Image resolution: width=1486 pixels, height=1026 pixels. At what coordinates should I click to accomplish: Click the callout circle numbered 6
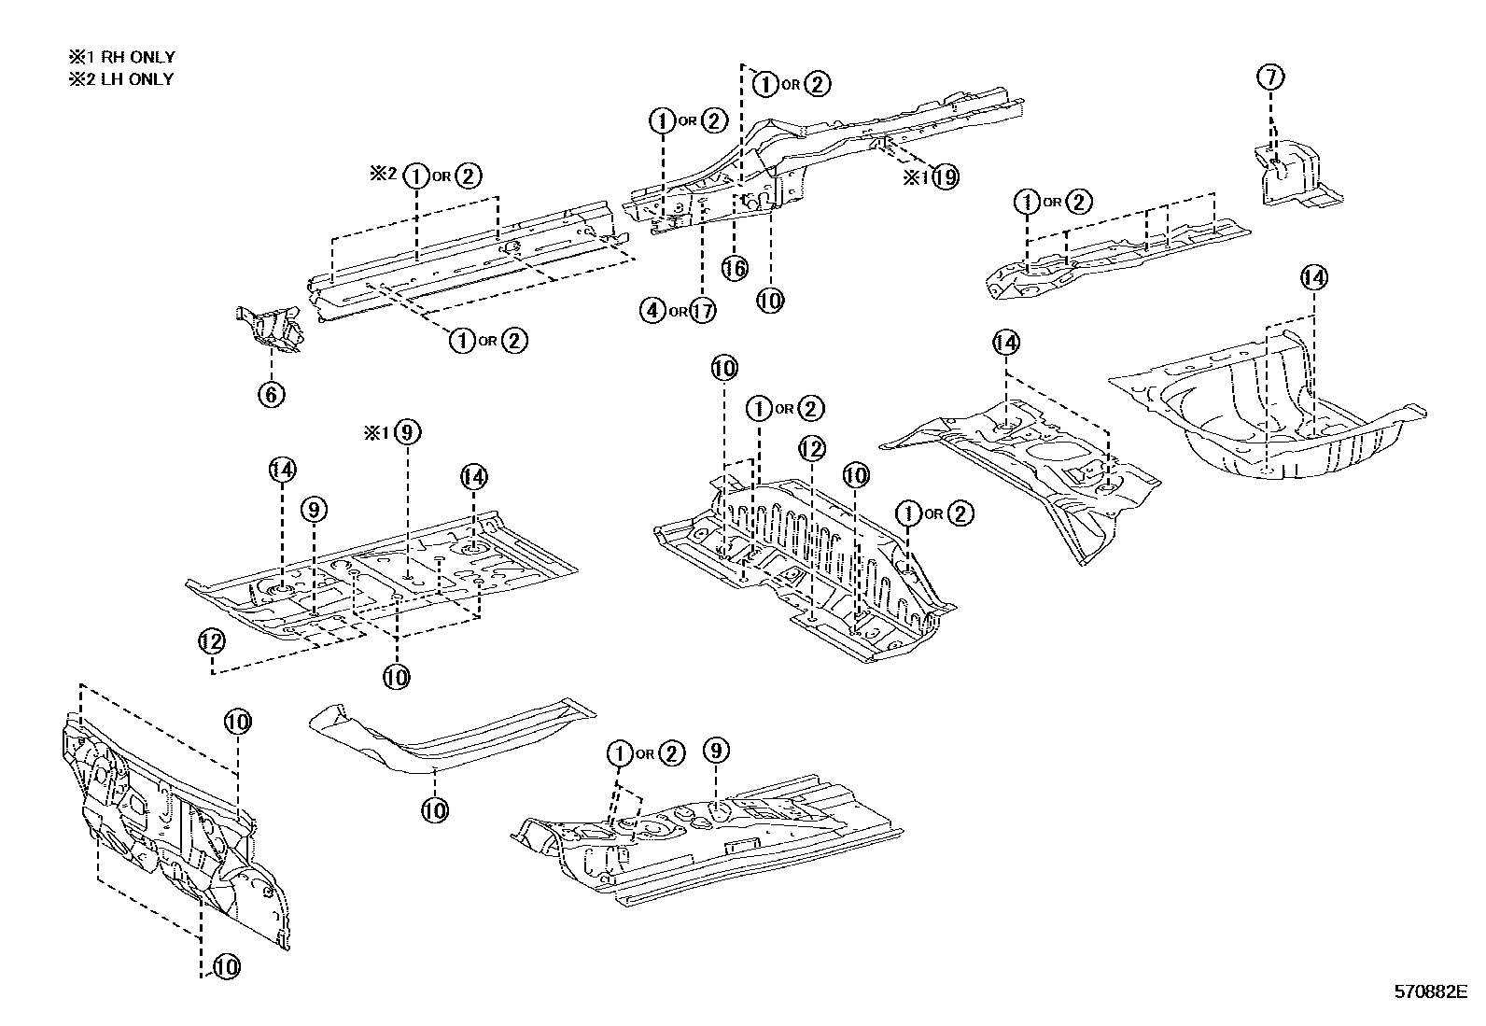tap(271, 394)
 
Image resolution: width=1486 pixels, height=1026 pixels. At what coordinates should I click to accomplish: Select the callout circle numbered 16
tap(735, 268)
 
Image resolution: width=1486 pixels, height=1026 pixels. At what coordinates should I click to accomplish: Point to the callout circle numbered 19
tap(945, 176)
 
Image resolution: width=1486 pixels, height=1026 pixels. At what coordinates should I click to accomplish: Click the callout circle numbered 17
tap(702, 311)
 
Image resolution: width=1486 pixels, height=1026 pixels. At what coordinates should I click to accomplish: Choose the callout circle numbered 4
tap(653, 311)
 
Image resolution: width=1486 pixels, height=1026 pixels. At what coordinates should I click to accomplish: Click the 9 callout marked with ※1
tap(408, 432)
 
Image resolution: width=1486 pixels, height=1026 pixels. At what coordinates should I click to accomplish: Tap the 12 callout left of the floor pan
tap(212, 641)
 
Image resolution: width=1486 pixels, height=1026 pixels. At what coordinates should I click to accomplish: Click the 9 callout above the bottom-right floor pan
tap(715, 751)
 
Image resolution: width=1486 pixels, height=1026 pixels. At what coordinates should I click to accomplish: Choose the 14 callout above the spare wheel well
tap(1313, 277)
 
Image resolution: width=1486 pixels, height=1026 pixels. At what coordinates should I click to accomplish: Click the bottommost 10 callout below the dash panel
tap(226, 967)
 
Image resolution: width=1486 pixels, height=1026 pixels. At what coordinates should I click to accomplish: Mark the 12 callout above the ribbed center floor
tap(812, 449)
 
